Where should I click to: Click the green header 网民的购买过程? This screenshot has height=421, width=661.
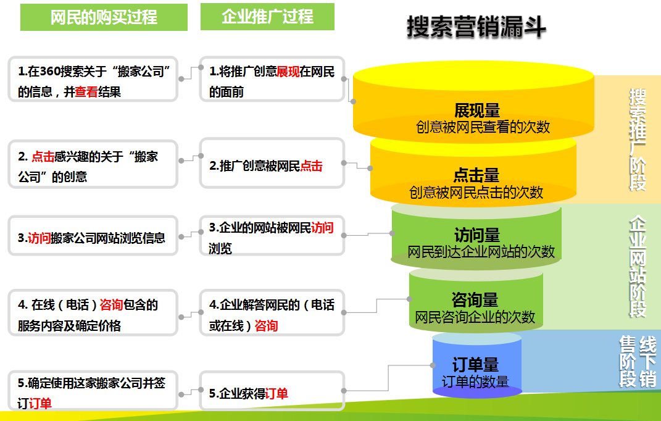coord(104,17)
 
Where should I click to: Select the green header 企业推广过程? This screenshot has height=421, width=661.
coord(267,17)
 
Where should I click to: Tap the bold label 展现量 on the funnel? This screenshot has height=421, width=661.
coord(476,111)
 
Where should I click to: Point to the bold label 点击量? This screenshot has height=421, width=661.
coord(476,175)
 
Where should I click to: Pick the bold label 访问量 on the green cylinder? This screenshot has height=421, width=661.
coord(476,236)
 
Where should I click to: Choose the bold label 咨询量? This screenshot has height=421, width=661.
coord(475,301)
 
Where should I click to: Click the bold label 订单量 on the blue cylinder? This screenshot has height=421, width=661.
coord(475,364)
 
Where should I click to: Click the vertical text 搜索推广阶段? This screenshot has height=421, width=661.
coord(638,139)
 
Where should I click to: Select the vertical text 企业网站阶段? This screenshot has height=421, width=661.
coord(638,266)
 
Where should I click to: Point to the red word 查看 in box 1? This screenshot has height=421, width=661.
coord(86,93)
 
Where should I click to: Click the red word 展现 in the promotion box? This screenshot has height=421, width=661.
coord(288,72)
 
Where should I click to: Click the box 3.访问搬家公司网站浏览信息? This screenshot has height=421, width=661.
coord(93,236)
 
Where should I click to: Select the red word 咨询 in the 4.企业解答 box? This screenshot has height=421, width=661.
coord(266,325)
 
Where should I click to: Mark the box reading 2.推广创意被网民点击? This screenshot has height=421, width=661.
coord(272,164)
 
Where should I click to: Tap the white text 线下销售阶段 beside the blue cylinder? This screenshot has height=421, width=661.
coord(638,361)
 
